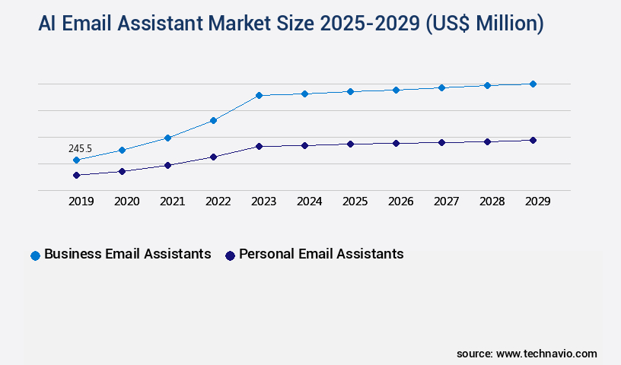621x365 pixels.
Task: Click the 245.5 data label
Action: pyautogui.click(x=80, y=148)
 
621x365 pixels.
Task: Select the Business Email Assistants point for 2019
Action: pyautogui.click(x=76, y=160)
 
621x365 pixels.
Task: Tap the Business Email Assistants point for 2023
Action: pyautogui.click(x=259, y=95)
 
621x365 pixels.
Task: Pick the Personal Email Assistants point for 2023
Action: pyautogui.click(x=259, y=146)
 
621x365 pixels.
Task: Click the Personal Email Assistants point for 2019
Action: pyautogui.click(x=76, y=175)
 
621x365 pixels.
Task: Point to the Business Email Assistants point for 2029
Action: pyautogui.click(x=533, y=84)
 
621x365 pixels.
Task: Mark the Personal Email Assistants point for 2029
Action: pyautogui.click(x=533, y=140)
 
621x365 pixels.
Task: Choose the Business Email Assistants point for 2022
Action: pyautogui.click(x=213, y=120)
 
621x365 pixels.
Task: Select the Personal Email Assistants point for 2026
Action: pyautogui.click(x=396, y=143)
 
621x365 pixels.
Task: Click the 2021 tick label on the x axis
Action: pyautogui.click(x=172, y=202)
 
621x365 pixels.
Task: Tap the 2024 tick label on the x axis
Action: pyautogui.click(x=309, y=202)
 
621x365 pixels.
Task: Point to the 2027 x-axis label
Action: pyautogui.click(x=446, y=202)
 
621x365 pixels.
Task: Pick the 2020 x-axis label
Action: pyautogui.click(x=126, y=202)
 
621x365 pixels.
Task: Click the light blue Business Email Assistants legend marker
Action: pyautogui.click(x=35, y=255)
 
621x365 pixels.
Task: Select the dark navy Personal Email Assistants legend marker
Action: pyautogui.click(x=230, y=255)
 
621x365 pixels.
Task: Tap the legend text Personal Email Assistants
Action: pyautogui.click(x=321, y=254)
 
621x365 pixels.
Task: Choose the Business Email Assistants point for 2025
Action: pyautogui.click(x=350, y=91)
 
